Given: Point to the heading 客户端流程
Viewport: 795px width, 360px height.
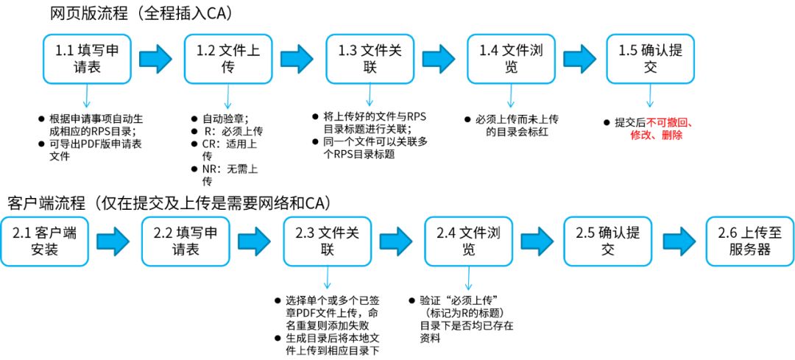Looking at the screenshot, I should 169,202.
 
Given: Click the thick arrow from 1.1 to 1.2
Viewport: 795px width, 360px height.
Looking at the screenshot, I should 157,59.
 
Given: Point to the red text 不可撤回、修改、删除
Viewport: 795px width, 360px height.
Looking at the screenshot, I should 669,129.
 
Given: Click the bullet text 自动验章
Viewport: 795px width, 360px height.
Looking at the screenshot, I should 225,118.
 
